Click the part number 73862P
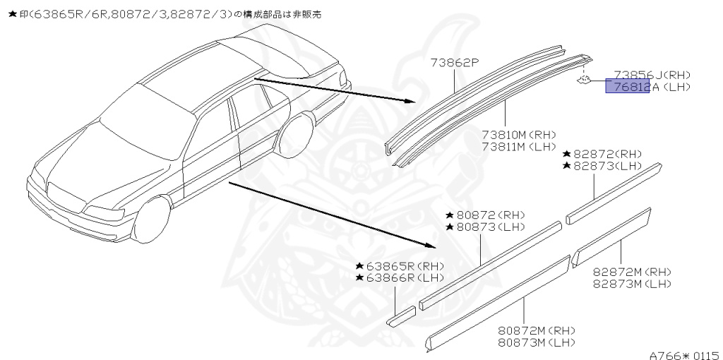[x=455, y=64]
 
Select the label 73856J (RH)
[x=652, y=75]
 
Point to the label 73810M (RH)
[x=519, y=135]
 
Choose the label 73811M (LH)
[x=519, y=146]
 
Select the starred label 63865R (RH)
[x=400, y=266]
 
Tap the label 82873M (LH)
[x=632, y=284]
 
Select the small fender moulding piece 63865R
[x=402, y=316]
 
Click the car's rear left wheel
[x=297, y=136]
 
